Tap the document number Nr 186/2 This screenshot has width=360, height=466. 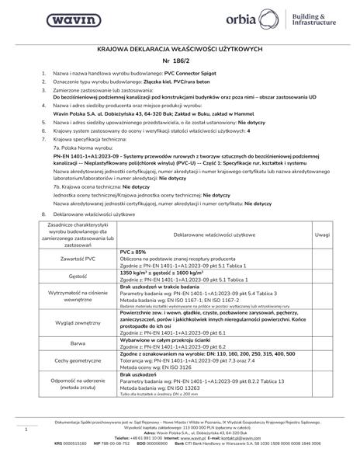[x=180, y=59]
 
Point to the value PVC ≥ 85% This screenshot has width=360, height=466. [x=134, y=252]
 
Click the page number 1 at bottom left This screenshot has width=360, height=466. [x=26, y=428]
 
